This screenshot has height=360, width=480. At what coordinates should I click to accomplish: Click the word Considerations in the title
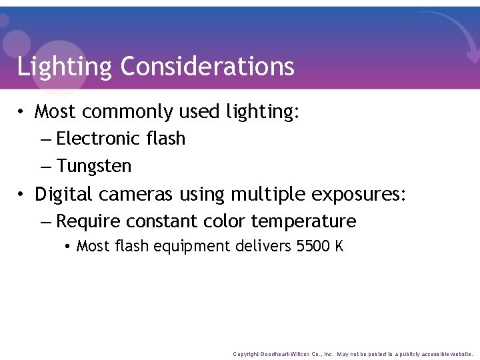point(207,67)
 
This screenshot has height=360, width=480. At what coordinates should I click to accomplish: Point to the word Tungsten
point(94,166)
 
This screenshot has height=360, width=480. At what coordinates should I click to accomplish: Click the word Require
point(88,221)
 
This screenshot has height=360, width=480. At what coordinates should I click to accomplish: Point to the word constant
point(161,221)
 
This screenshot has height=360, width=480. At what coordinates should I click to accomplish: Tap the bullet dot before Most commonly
point(23,113)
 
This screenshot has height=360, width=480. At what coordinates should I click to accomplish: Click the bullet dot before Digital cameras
point(23,195)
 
